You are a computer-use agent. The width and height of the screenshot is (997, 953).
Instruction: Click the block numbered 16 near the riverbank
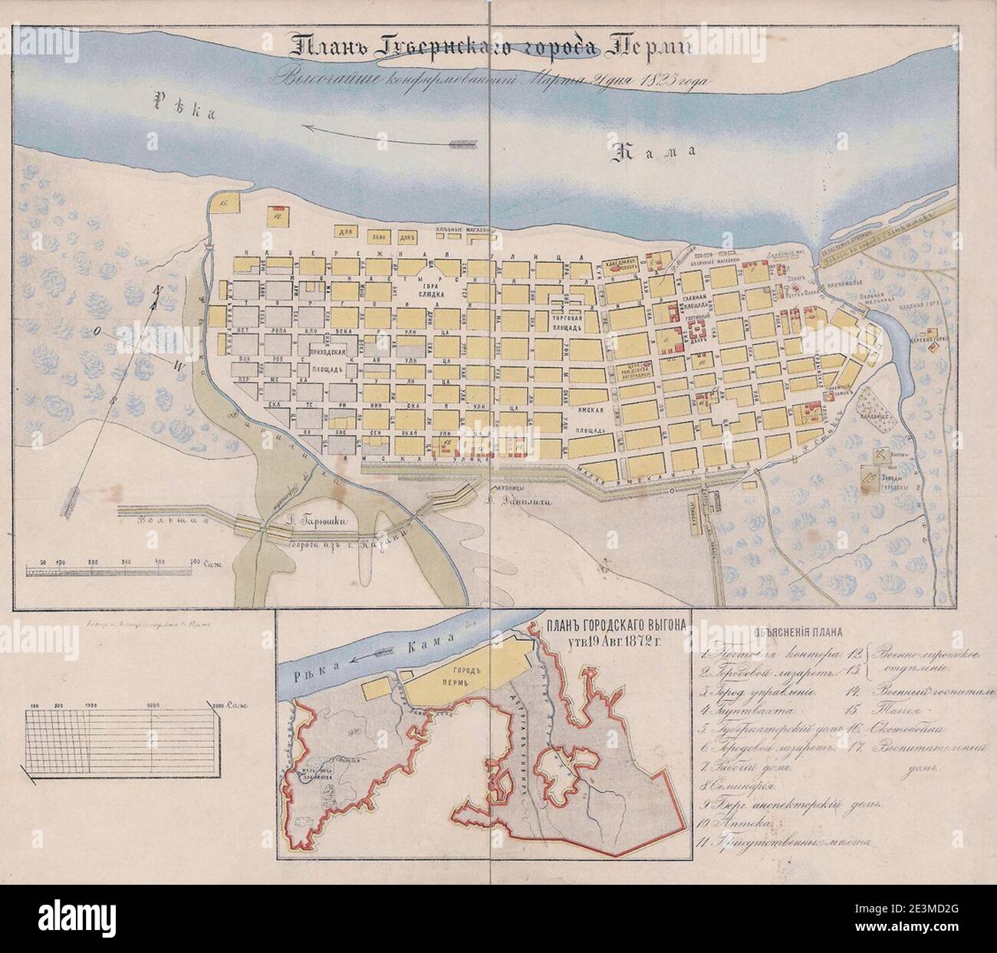[x=277, y=215]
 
